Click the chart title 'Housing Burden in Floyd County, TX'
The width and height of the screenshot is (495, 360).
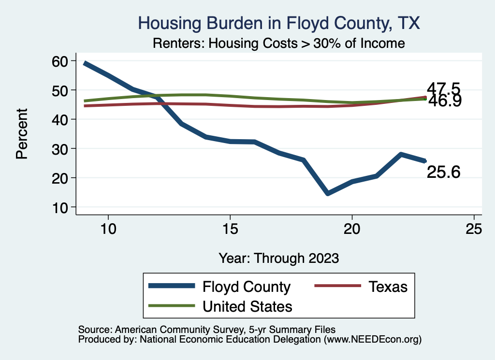(278, 23)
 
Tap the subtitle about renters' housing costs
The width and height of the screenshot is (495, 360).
(278, 43)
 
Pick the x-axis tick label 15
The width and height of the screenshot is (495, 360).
(230, 229)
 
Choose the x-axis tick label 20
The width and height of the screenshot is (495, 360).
(352, 229)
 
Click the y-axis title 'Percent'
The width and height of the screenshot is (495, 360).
(21, 133)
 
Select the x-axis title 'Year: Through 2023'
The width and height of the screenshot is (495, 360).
(278, 257)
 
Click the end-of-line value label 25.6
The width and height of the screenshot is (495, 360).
(443, 172)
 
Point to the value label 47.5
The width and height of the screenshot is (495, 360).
(443, 89)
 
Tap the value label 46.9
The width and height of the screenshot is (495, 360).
(443, 101)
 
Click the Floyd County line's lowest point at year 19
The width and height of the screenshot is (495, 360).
(328, 194)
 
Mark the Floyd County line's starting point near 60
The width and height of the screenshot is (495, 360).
(85, 63)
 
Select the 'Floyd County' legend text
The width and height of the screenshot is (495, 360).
(247, 287)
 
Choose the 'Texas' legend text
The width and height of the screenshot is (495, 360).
(388, 287)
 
